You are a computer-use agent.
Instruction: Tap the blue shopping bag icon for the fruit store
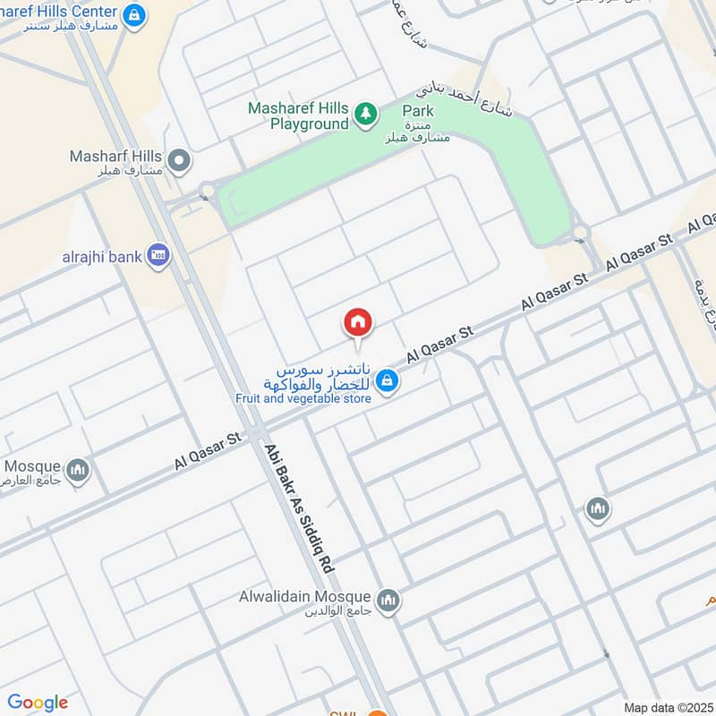(x=387, y=380)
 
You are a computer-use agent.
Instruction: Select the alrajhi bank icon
(x=158, y=257)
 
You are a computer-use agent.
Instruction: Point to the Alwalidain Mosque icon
(x=388, y=598)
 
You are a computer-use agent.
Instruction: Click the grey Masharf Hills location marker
(x=179, y=162)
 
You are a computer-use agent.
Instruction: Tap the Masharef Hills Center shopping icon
(x=133, y=15)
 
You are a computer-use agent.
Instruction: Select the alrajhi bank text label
(x=101, y=257)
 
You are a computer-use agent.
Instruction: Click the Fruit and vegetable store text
(x=303, y=398)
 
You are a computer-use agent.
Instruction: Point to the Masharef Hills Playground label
(x=297, y=115)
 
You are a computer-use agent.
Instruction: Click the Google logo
(x=38, y=703)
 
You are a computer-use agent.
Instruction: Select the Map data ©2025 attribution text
(x=667, y=707)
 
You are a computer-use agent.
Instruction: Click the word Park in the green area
(x=417, y=110)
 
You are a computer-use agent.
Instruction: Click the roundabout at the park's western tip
(x=208, y=189)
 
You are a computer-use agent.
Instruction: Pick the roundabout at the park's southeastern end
(x=580, y=234)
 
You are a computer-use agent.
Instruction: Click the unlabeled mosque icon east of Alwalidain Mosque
(x=598, y=510)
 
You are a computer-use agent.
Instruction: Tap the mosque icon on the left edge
(x=79, y=469)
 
